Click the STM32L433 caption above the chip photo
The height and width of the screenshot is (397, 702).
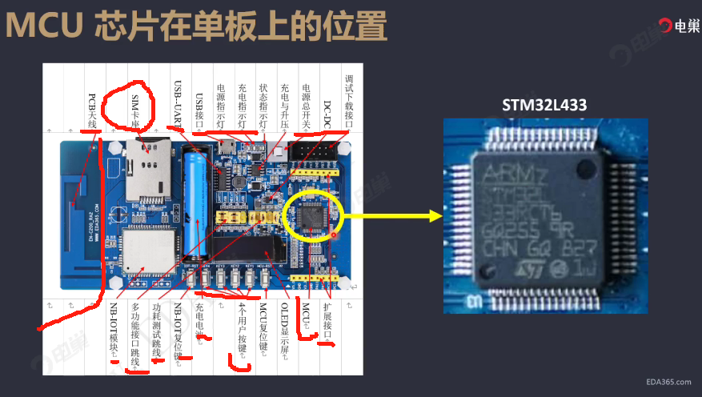(x=544, y=105)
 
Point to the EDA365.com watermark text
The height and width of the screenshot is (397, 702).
(x=668, y=383)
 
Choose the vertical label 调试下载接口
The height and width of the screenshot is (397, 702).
(x=348, y=100)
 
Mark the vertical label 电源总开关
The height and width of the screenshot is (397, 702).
(x=306, y=105)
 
